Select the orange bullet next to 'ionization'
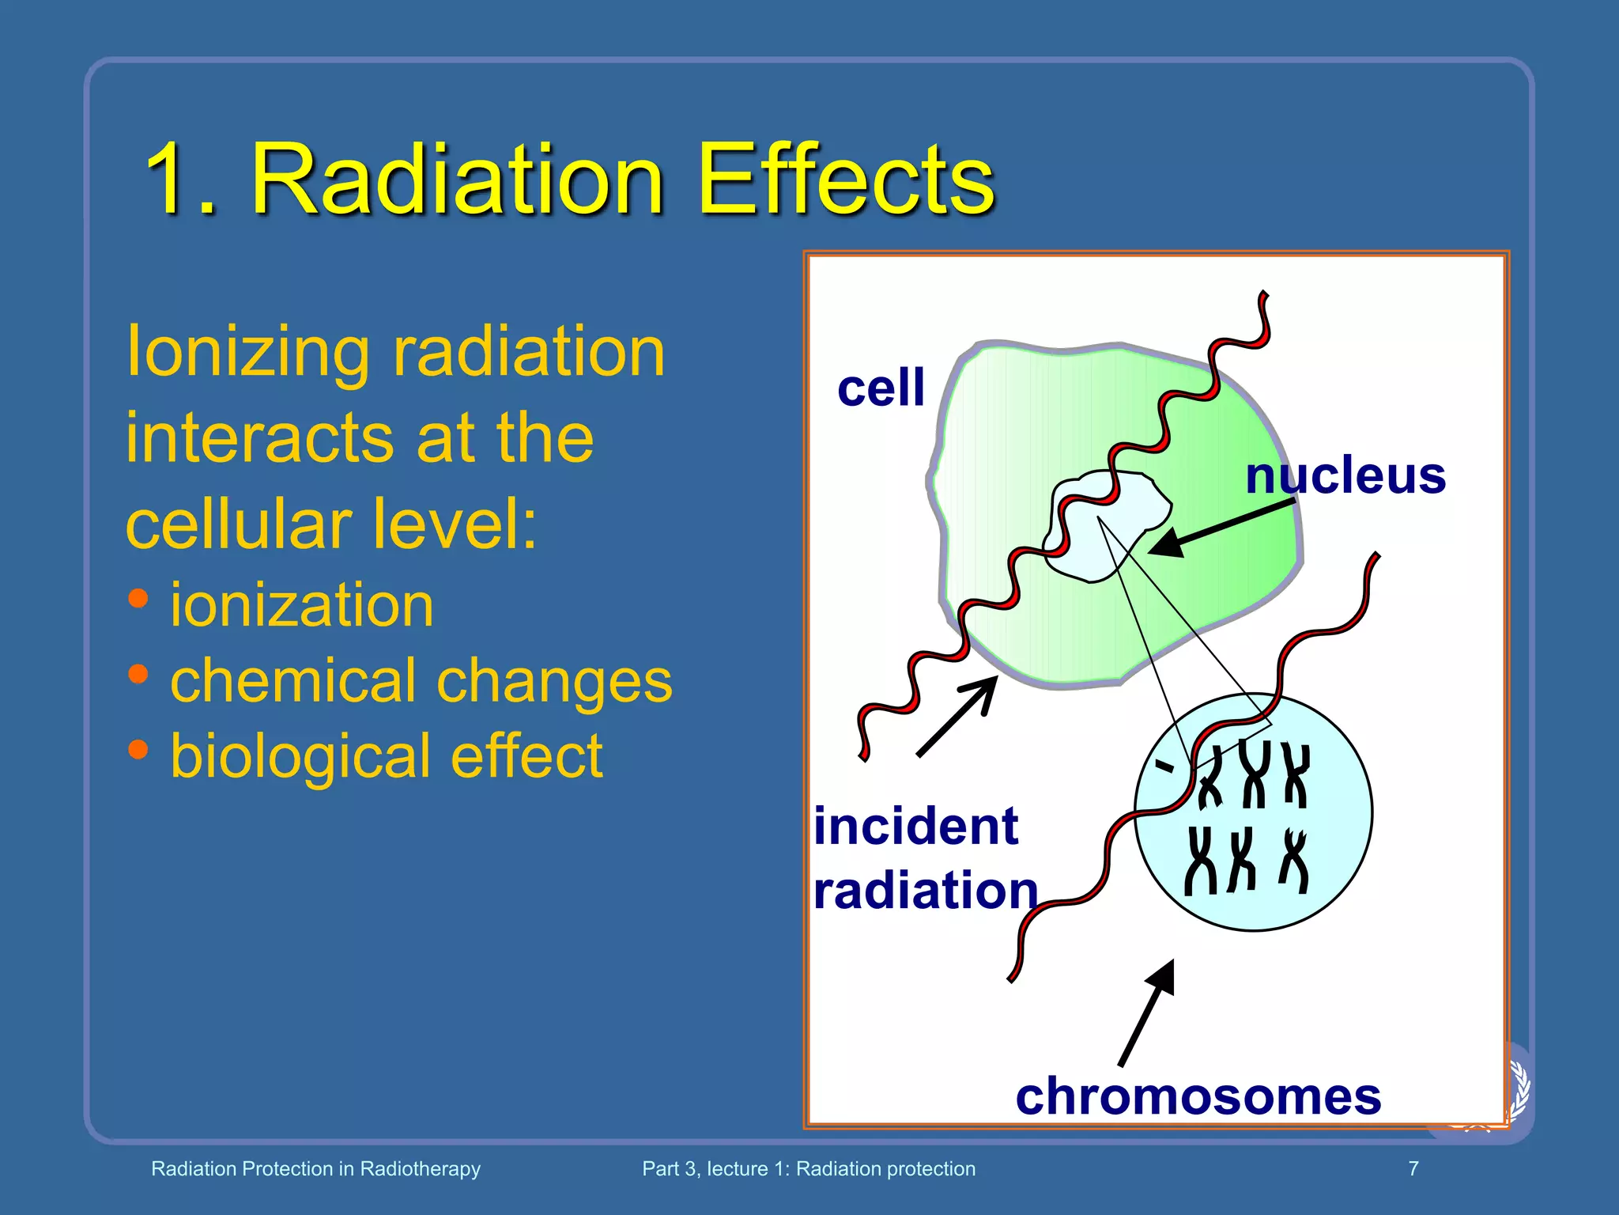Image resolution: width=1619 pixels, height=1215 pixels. click(138, 599)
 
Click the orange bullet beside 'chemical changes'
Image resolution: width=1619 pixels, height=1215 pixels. click(138, 674)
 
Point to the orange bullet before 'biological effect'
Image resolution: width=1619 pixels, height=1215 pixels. click(138, 749)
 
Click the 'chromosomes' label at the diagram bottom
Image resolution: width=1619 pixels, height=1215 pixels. click(1198, 1097)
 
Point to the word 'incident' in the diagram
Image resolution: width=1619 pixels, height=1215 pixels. click(915, 827)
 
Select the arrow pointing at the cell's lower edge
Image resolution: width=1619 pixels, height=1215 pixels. click(957, 717)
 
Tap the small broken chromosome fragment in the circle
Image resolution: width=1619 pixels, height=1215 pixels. click(1164, 765)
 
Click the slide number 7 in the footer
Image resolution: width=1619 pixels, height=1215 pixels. click(1413, 1168)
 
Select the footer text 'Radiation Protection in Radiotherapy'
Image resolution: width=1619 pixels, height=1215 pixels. click(315, 1168)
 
